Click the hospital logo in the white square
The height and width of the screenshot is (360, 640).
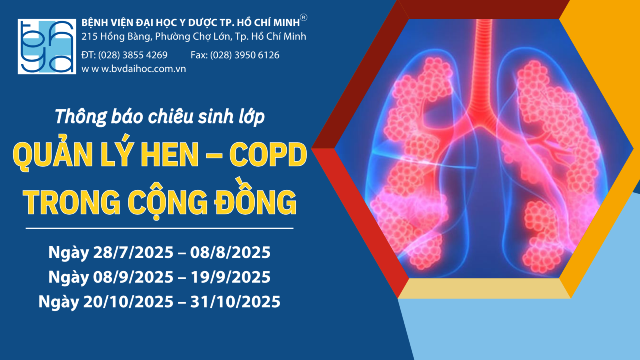click(x=47, y=46)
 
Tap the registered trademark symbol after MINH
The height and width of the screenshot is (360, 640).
click(x=304, y=18)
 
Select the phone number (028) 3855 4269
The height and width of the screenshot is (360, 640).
click(x=133, y=55)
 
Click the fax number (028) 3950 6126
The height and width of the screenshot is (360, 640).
click(x=244, y=55)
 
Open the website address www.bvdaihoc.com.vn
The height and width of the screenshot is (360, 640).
click(x=134, y=69)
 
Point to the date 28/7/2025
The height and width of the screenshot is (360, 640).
click(x=134, y=252)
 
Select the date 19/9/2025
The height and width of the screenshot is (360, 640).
click(x=230, y=277)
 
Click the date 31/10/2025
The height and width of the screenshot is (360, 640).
click(x=235, y=302)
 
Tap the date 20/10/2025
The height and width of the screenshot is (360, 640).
click(x=128, y=302)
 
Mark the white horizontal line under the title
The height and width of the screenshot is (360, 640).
click(x=160, y=228)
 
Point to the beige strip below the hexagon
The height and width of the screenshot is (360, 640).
click(x=484, y=288)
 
